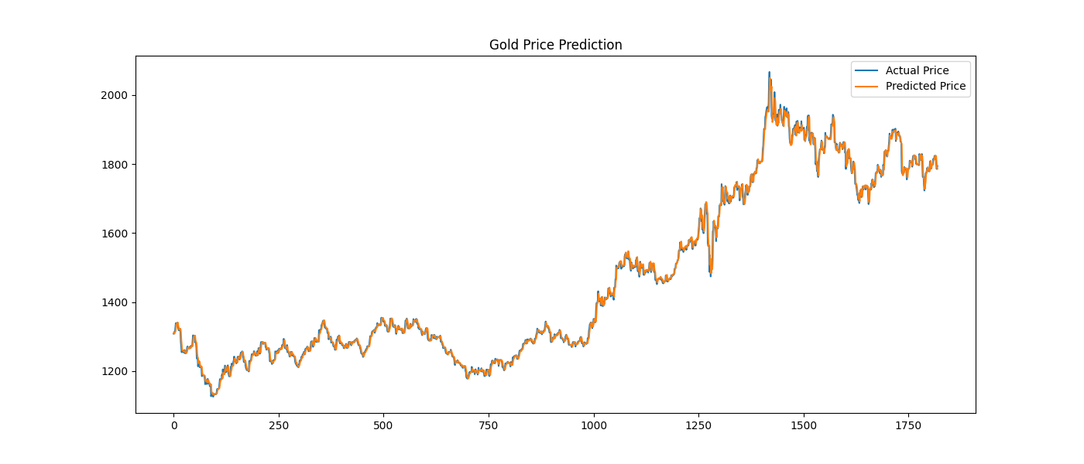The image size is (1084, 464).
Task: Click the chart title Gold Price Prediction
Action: (555, 45)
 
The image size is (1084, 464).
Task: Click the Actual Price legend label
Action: (917, 71)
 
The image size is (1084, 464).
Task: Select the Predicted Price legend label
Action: (925, 87)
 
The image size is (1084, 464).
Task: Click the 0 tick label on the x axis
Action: (174, 425)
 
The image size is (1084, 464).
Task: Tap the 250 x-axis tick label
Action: (279, 425)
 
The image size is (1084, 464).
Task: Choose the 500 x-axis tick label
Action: (384, 425)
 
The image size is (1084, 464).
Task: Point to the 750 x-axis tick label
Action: (489, 425)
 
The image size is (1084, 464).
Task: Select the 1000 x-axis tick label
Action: (594, 425)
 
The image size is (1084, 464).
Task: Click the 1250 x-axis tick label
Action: (698, 425)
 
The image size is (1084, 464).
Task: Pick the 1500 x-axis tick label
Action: (804, 425)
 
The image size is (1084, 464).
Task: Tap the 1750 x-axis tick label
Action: (908, 425)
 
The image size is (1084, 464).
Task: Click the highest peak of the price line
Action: (769, 73)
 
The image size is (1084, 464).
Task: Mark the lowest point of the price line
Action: (212, 396)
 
